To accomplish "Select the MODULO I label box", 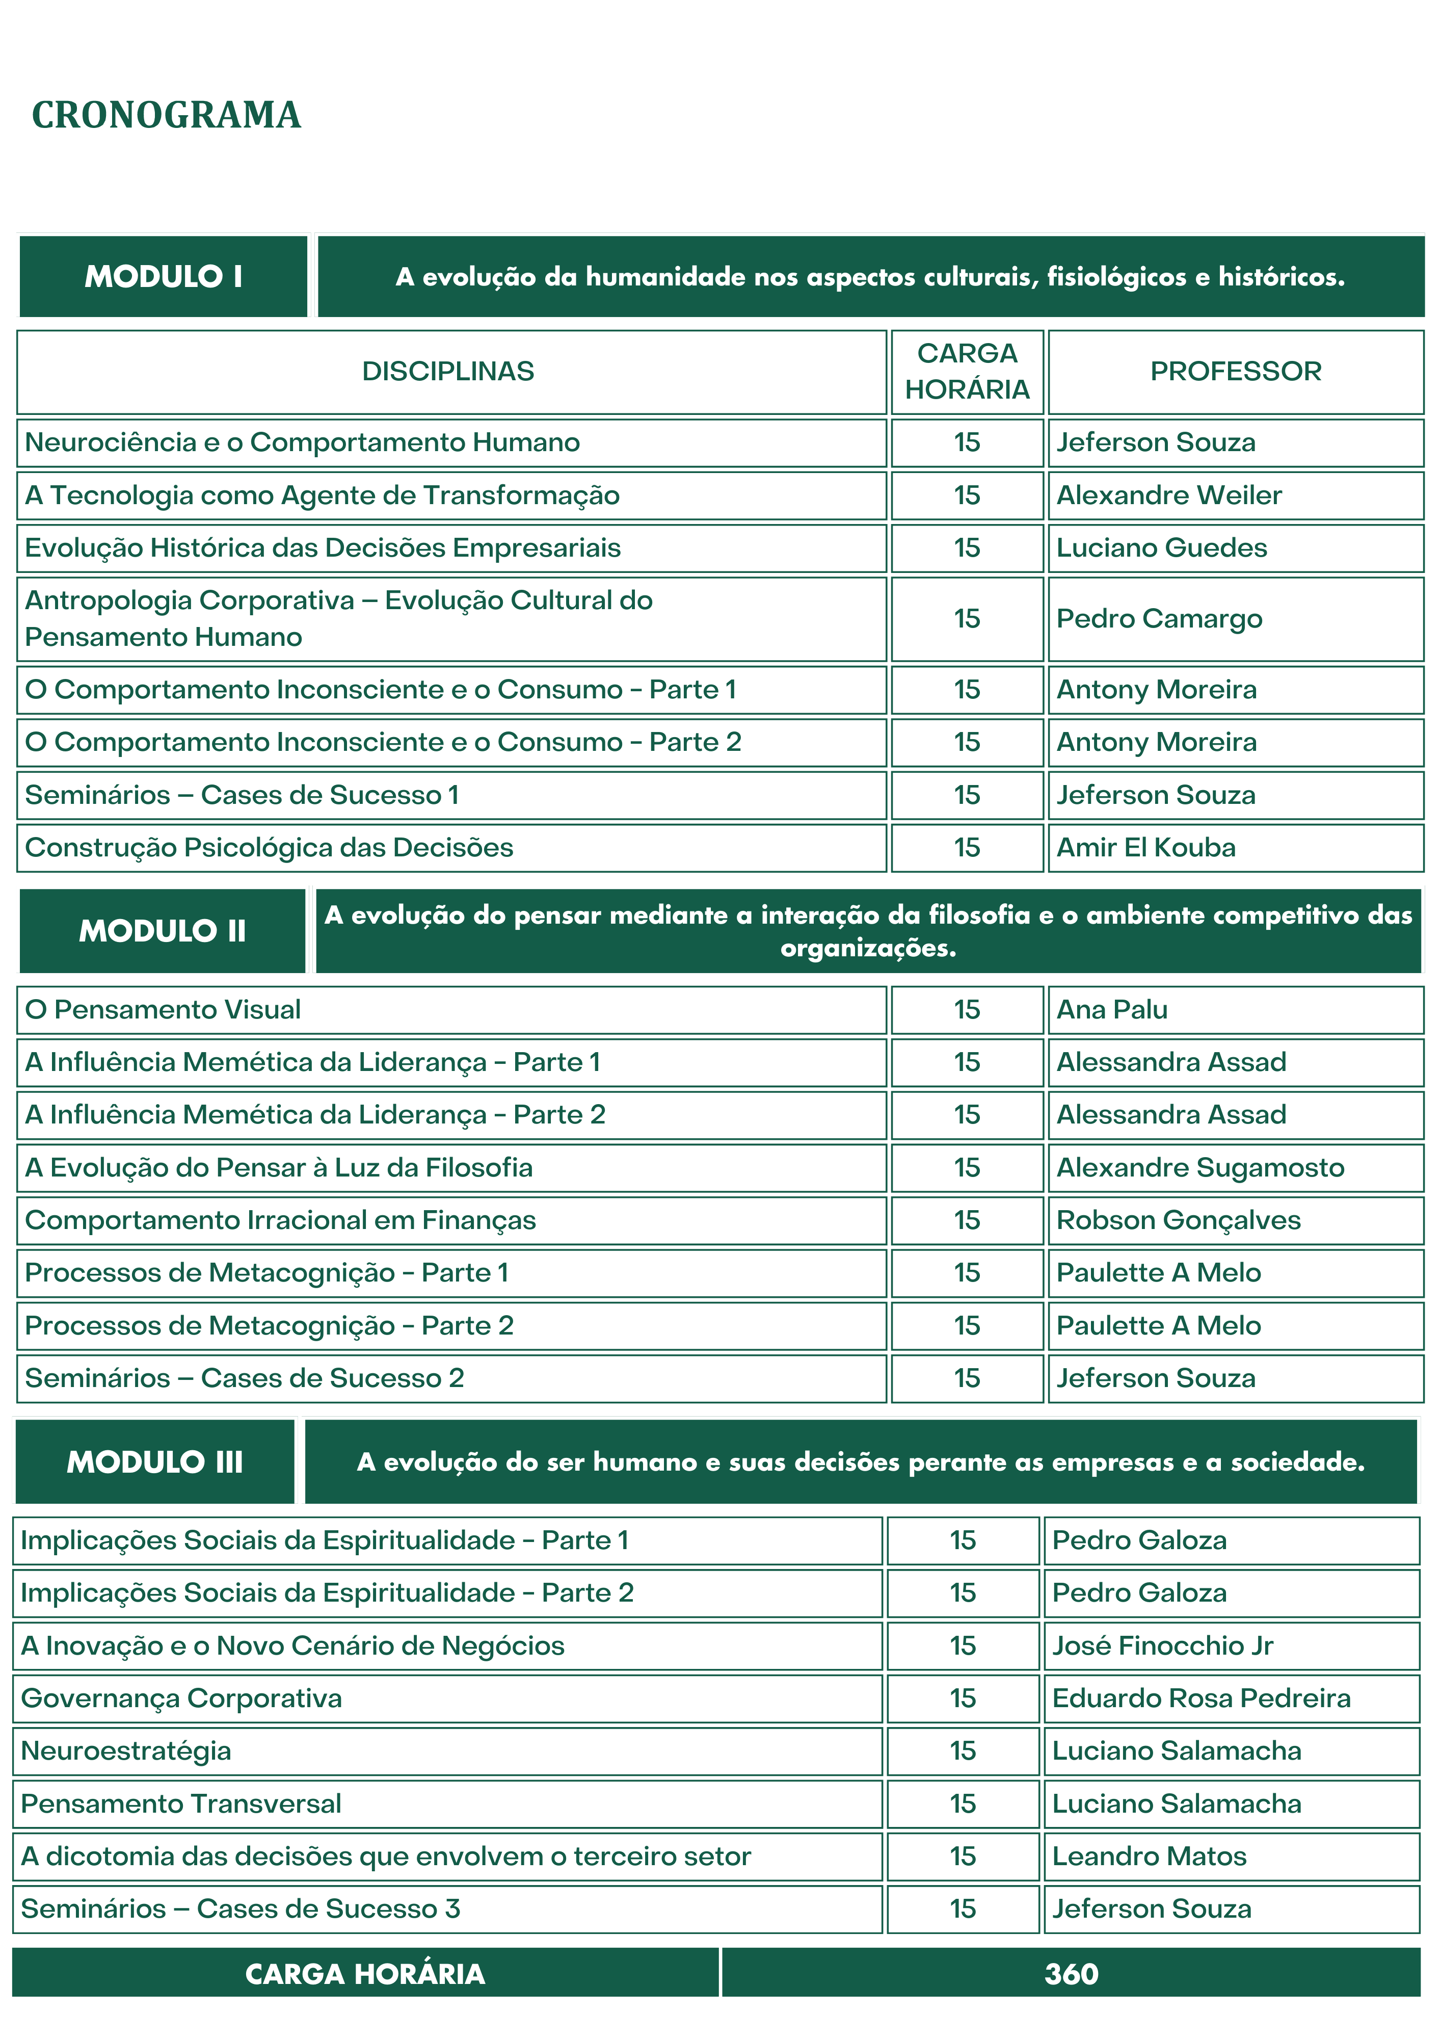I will click(x=164, y=276).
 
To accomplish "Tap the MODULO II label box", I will click(x=163, y=931).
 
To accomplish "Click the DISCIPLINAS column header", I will click(x=448, y=371).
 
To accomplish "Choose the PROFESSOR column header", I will click(x=1235, y=371).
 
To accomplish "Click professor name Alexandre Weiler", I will click(x=1168, y=495).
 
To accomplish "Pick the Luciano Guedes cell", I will click(x=1161, y=548).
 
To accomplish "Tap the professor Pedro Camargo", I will click(x=1159, y=619).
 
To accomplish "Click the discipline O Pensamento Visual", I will click(x=164, y=1010).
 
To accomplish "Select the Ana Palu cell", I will click(x=1112, y=1010).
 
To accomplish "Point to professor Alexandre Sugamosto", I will click(x=1199, y=1168).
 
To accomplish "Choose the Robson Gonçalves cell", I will click(x=1178, y=1220).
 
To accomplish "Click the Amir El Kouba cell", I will click(x=1145, y=848).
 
